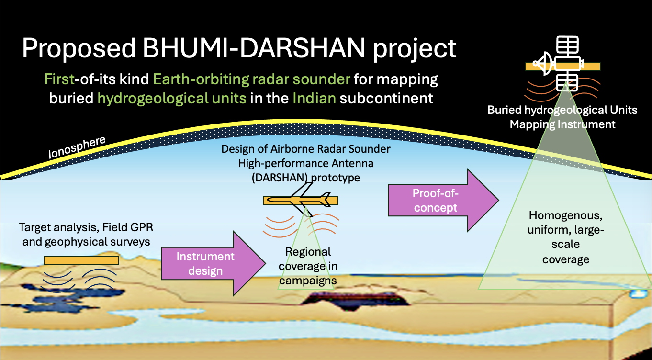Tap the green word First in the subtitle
tap(60, 79)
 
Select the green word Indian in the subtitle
tap(315, 98)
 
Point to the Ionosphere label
tap(77, 147)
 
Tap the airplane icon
tap(300, 199)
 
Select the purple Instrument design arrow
tap(214, 263)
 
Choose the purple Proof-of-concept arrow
tap(443, 200)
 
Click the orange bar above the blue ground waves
tap(81, 260)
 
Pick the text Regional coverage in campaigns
tap(308, 266)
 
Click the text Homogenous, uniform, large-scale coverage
tap(565, 237)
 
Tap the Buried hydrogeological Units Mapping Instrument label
tap(562, 117)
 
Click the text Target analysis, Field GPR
tap(86, 227)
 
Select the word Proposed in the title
tap(79, 49)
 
